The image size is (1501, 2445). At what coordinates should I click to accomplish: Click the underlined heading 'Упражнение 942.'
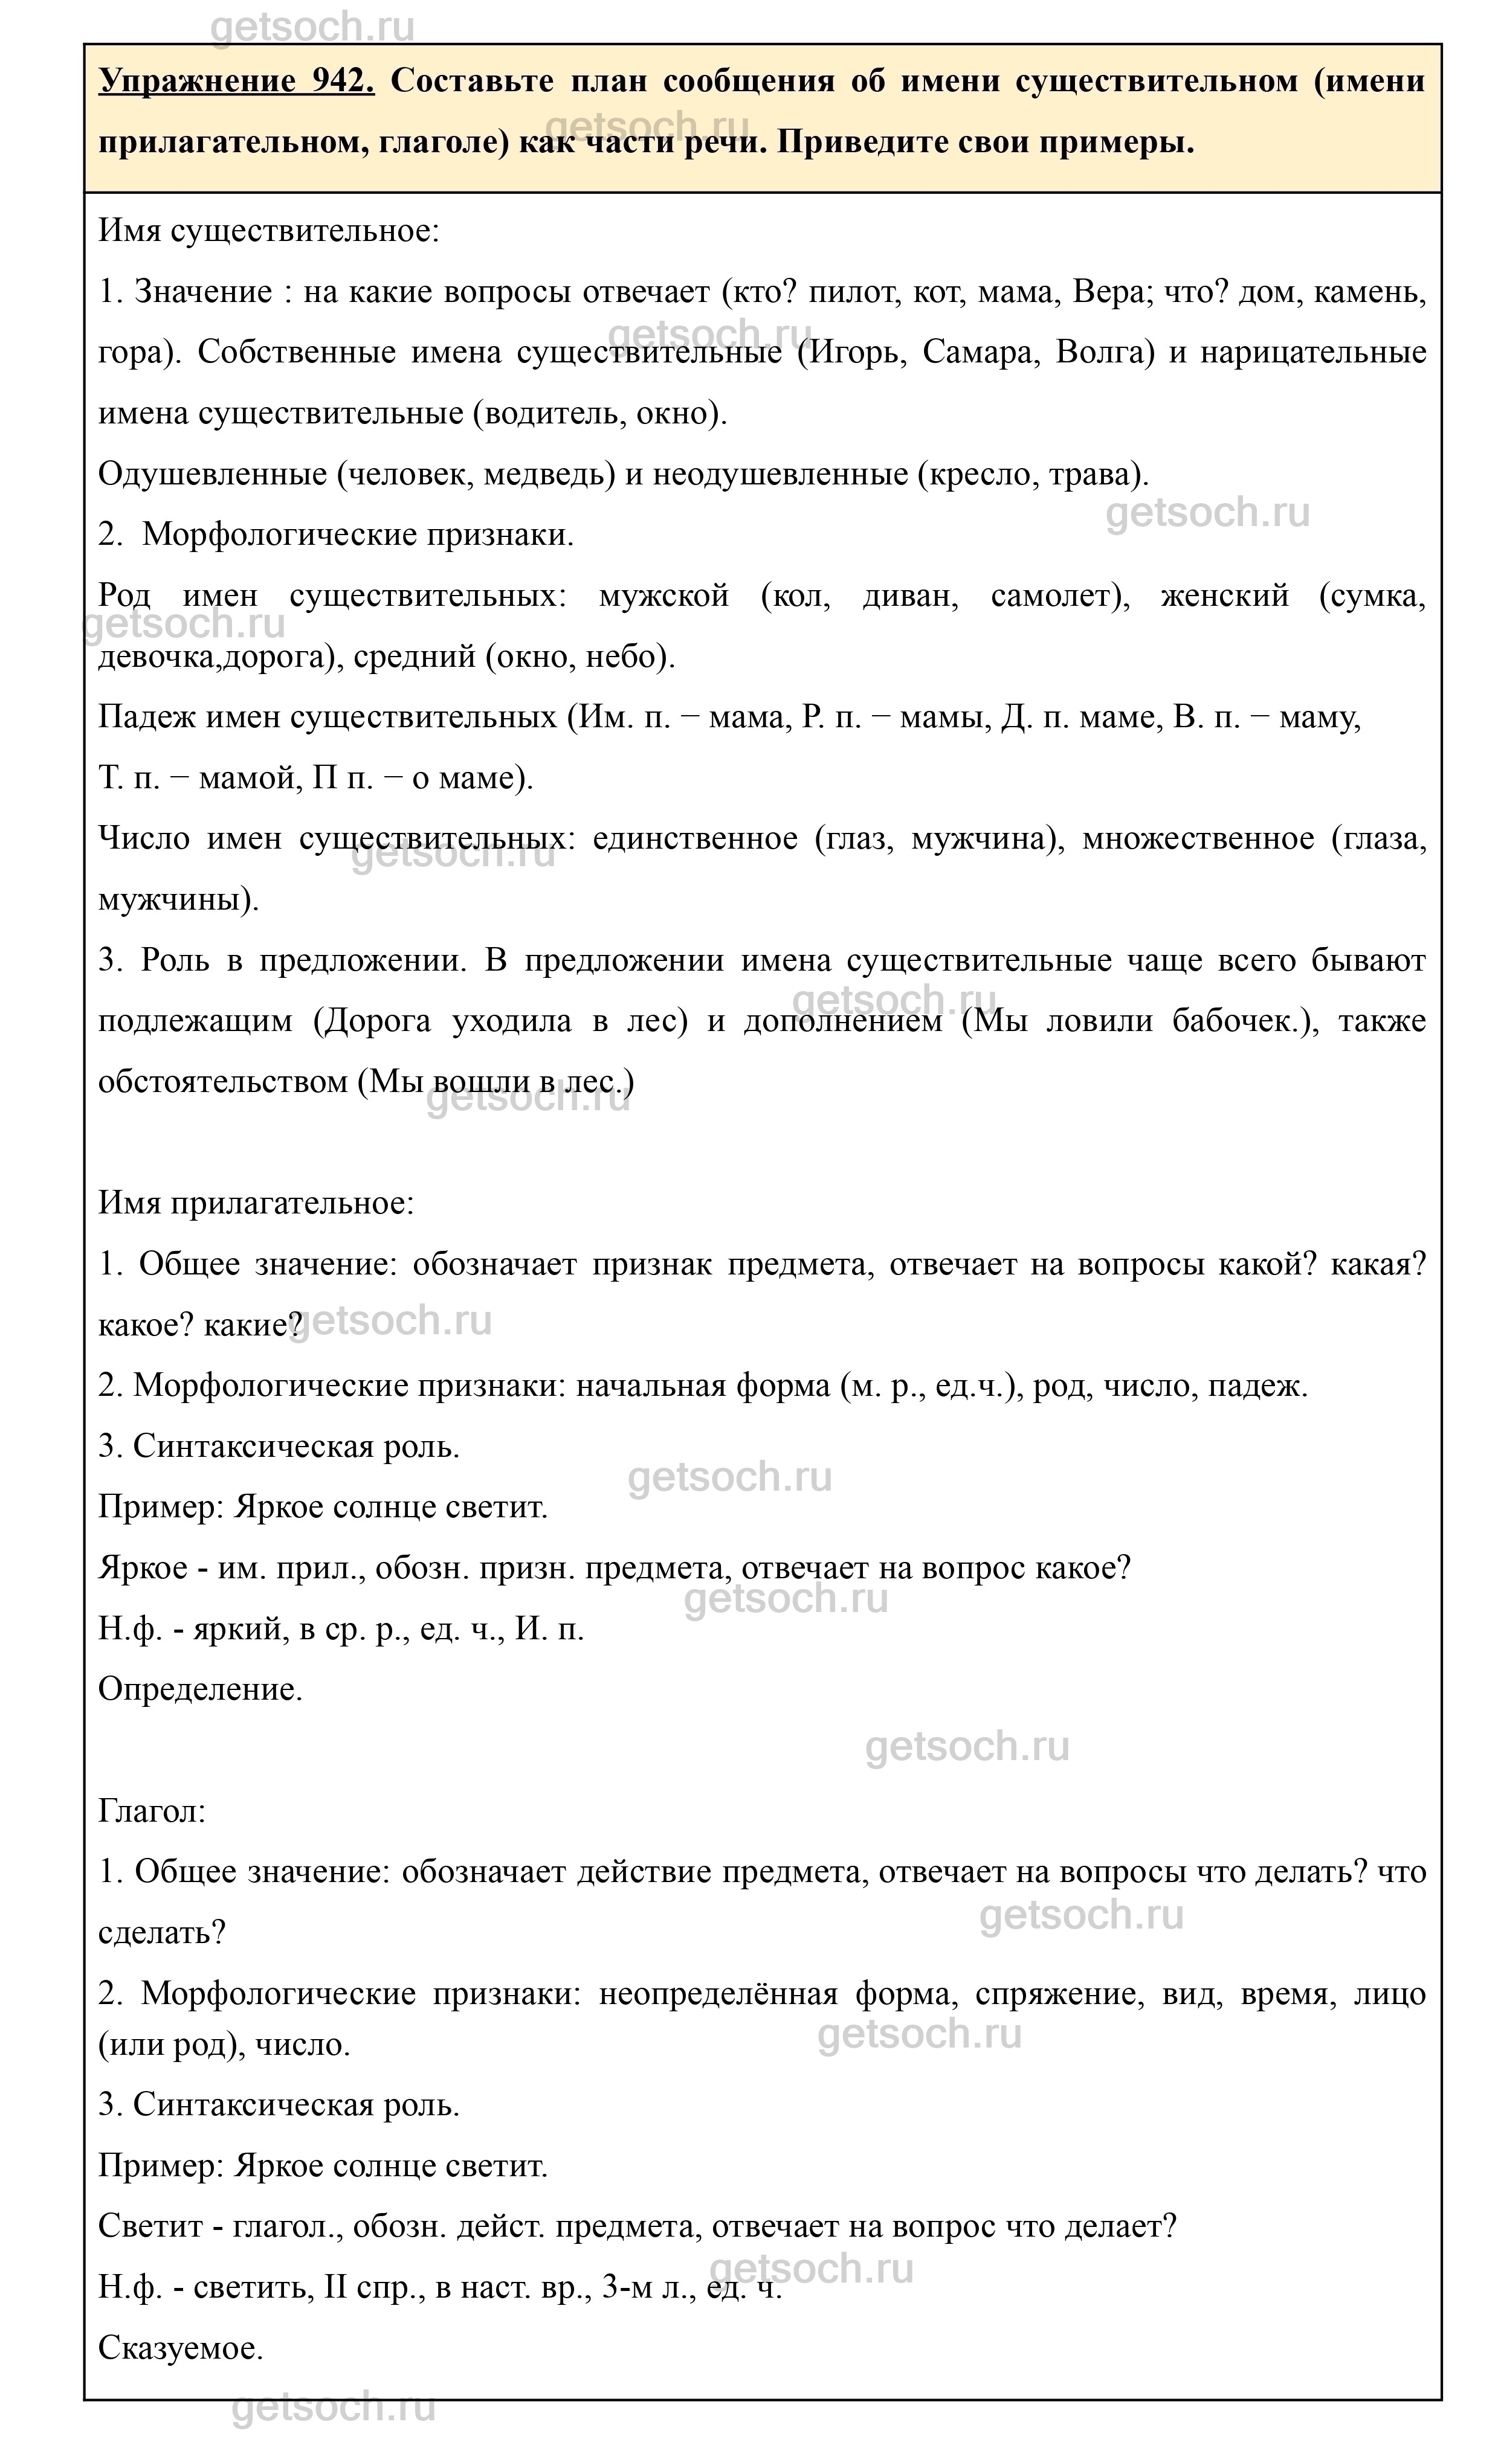click(236, 80)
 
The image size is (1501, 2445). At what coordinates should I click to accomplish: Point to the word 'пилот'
click(850, 292)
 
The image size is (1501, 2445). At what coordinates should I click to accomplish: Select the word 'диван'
click(909, 596)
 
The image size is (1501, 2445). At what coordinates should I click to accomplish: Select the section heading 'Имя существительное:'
click(269, 231)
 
